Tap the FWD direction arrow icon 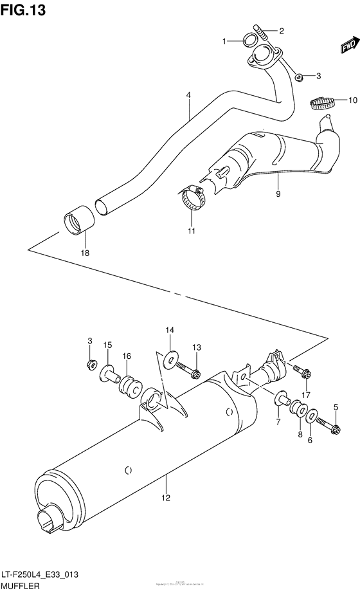coord(348,45)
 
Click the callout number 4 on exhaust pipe coord(189,95)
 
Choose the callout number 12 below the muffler coord(165,497)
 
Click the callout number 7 coord(278,421)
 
